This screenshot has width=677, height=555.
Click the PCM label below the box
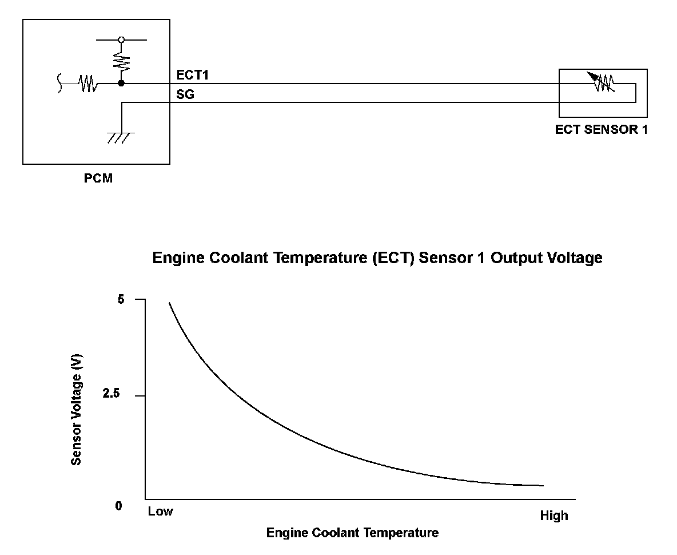pos(98,178)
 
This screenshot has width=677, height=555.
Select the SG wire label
pos(185,94)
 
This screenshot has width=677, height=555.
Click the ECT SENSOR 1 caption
pos(601,130)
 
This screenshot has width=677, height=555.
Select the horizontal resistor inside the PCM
pos(87,84)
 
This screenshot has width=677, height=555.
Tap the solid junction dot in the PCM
pos(121,84)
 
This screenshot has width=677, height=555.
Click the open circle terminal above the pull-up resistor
pos(121,40)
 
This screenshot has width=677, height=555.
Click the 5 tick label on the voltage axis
pos(121,299)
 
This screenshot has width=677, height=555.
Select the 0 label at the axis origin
pos(119,506)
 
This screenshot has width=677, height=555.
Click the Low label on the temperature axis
pos(160,512)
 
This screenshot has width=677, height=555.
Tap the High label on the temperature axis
pos(554,516)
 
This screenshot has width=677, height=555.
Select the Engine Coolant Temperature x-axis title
pos(352,533)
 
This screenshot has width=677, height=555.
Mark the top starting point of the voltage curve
pos(169,303)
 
